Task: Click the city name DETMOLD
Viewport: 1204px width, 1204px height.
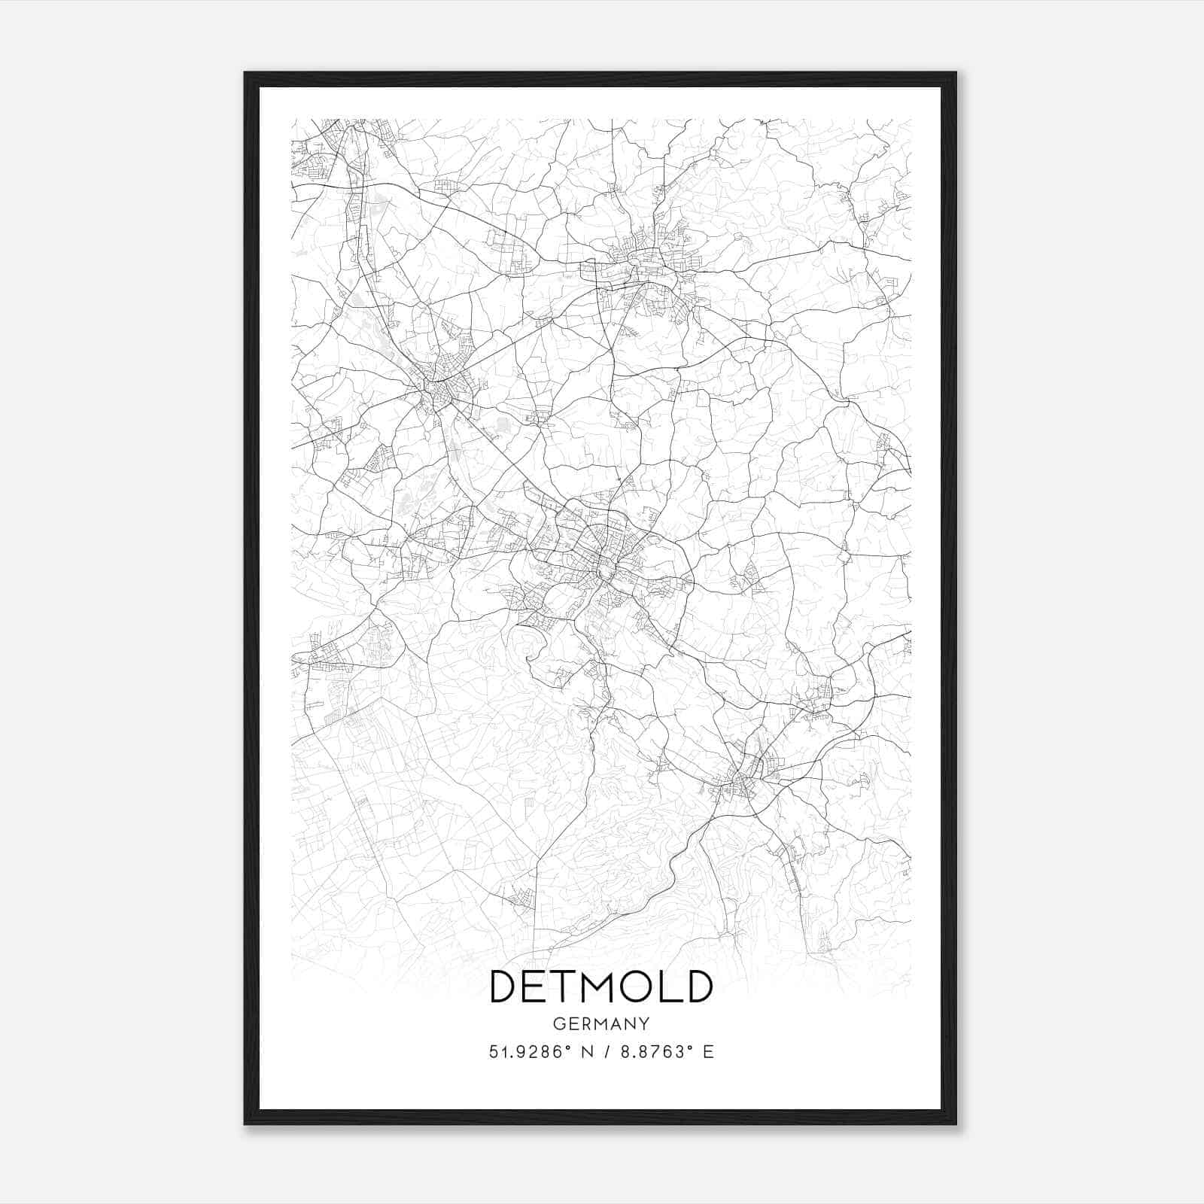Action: (x=601, y=987)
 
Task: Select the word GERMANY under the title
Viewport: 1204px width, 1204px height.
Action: (x=601, y=1023)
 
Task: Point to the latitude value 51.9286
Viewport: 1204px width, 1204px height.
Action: (x=522, y=1052)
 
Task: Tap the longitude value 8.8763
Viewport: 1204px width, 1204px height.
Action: (x=652, y=1052)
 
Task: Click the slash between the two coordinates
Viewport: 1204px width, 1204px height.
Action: (x=607, y=1052)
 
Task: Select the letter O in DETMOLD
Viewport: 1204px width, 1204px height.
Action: (x=639, y=987)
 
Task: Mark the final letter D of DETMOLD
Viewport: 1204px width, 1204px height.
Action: (x=698, y=987)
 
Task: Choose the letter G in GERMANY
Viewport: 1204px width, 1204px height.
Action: (x=558, y=1023)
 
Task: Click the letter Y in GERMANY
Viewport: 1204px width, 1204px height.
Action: (x=645, y=1023)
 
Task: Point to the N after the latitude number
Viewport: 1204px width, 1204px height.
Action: (x=585, y=1052)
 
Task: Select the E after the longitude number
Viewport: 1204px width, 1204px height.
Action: (x=707, y=1052)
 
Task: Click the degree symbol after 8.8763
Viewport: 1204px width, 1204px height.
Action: (x=689, y=1047)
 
